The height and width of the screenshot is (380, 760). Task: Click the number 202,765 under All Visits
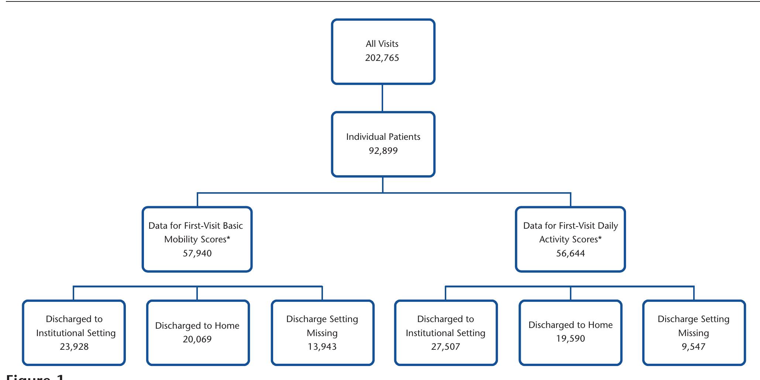click(382, 58)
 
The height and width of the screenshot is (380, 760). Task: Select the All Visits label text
click(382, 44)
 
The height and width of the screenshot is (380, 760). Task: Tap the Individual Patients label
click(383, 137)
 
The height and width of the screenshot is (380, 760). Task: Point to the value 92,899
click(383, 151)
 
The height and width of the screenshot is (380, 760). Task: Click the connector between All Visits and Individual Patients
click(382, 98)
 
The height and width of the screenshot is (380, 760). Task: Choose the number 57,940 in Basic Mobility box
click(197, 253)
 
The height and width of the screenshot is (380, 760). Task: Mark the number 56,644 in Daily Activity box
click(570, 253)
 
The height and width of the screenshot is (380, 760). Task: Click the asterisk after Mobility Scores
click(228, 238)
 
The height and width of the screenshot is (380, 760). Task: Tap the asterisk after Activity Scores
click(600, 238)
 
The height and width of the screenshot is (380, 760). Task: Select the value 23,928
click(74, 347)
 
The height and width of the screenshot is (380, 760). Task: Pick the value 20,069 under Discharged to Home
click(197, 339)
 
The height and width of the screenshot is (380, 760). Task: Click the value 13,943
click(322, 347)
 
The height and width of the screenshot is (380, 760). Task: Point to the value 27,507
click(446, 347)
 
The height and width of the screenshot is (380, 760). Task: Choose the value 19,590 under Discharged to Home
click(570, 339)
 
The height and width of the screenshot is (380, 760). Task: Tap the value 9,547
click(694, 347)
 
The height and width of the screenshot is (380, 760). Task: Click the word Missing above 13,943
click(322, 333)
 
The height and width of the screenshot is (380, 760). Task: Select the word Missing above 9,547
click(694, 333)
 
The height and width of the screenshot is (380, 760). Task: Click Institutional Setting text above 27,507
click(446, 333)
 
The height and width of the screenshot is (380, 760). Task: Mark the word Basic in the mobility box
click(233, 226)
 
